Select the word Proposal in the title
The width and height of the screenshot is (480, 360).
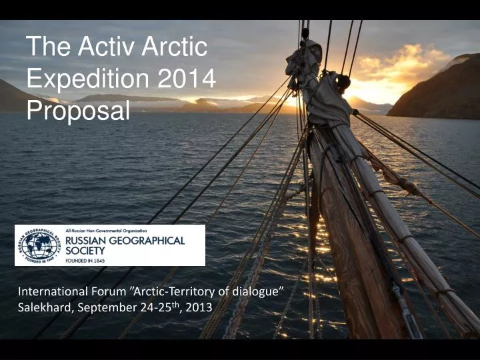(78, 111)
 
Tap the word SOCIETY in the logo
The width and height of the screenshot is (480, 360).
(86, 251)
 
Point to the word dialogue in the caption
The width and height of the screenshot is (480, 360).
(261, 292)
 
